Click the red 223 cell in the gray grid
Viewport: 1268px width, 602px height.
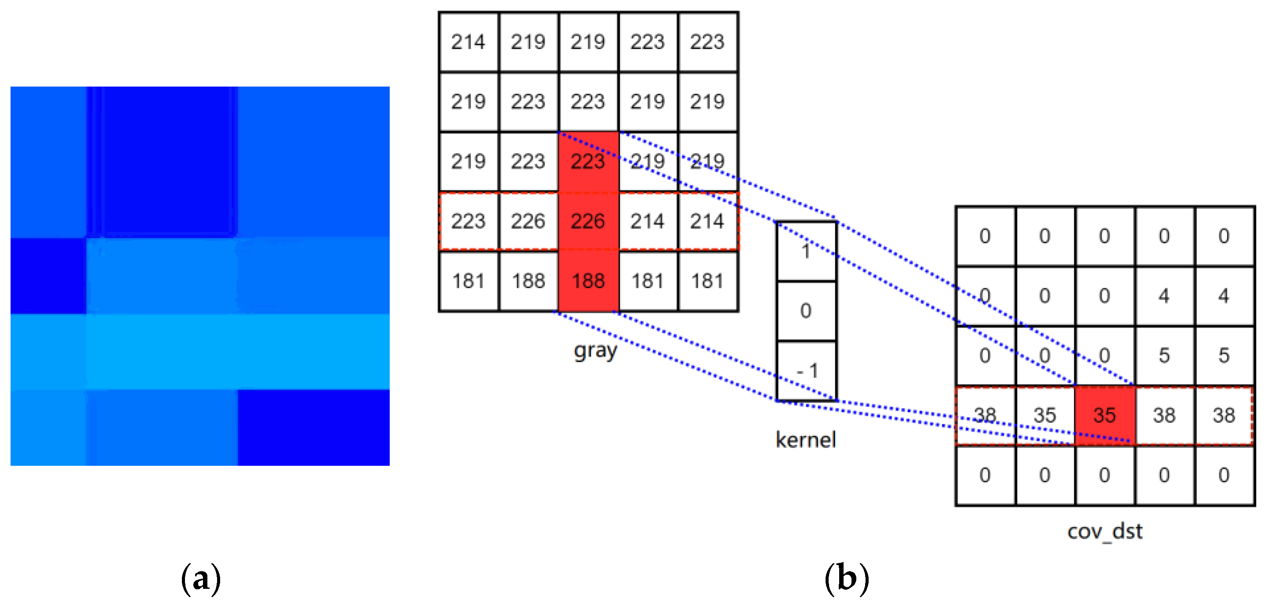(588, 161)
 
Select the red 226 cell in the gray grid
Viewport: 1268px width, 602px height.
(588, 221)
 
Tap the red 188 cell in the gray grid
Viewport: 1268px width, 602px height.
(588, 281)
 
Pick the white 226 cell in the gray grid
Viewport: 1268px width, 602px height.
(528, 221)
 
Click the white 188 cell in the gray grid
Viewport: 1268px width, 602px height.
(528, 281)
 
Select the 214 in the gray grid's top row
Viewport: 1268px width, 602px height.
(468, 42)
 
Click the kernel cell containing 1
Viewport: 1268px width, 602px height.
(806, 251)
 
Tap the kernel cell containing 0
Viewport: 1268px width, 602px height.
(806, 311)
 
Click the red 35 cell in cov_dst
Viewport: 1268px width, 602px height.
(1105, 415)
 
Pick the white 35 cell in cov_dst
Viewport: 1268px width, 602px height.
(1044, 415)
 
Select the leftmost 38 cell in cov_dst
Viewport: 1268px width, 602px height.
(985, 415)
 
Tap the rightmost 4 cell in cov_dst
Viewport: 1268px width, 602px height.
(1224, 296)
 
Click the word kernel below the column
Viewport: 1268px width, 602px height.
(806, 439)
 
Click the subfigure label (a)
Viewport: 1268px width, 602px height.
(200, 579)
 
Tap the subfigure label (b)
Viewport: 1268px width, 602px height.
(847, 579)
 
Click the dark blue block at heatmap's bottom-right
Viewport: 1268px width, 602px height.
(314, 427)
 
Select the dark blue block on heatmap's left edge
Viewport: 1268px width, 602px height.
(48, 276)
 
